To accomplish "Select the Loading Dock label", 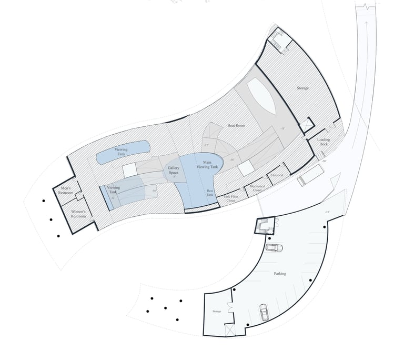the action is point(324,142).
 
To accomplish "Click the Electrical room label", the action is point(277,175).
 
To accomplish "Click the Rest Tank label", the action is point(209,193).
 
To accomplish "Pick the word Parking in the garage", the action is point(280,274).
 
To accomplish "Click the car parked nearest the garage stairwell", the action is point(274,248).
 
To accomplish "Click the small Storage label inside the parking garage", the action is point(217,312).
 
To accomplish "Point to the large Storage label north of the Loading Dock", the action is point(302,88).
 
